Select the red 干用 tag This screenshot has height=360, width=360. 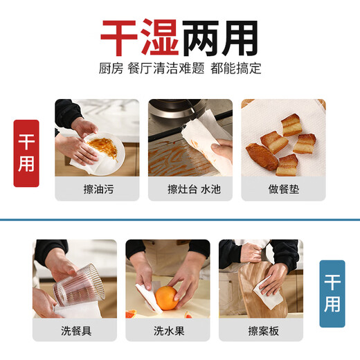(x=26, y=153)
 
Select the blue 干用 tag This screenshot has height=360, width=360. (x=332, y=294)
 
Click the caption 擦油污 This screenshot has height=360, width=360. (x=97, y=189)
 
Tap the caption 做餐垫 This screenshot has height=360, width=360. (x=283, y=189)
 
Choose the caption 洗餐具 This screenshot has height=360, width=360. (x=75, y=330)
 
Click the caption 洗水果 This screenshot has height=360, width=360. (x=168, y=330)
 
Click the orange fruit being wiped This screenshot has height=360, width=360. (x=167, y=300)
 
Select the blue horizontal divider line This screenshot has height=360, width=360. (x=180, y=219)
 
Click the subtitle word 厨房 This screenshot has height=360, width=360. (x=111, y=69)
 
